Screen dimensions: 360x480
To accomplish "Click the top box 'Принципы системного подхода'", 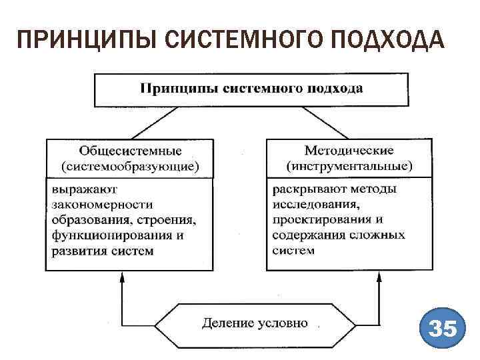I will pos(251,88).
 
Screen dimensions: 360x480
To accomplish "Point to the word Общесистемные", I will pos(130,150).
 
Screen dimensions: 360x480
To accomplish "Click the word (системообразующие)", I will pos(130,165).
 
